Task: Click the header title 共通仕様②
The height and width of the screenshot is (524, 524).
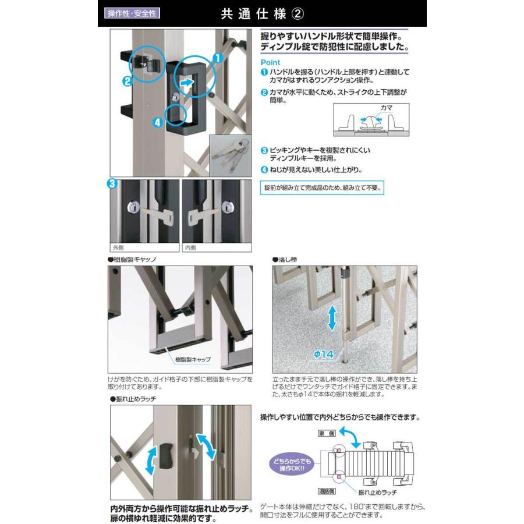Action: point(261,13)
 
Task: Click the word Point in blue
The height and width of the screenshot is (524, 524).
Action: point(270,62)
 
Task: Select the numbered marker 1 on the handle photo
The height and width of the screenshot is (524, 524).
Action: point(216,58)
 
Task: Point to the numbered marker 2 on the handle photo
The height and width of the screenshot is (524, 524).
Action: point(126,82)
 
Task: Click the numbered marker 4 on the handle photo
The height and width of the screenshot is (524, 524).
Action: point(157,122)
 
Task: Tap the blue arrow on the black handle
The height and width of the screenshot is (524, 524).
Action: point(186,84)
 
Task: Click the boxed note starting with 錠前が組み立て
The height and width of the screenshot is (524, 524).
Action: point(324,188)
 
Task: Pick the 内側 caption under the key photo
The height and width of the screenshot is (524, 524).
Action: point(190,247)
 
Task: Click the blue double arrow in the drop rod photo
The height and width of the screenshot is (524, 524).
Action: point(332,318)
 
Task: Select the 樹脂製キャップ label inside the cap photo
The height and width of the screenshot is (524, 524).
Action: point(193,360)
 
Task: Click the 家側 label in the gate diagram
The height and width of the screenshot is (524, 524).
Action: point(325,434)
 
